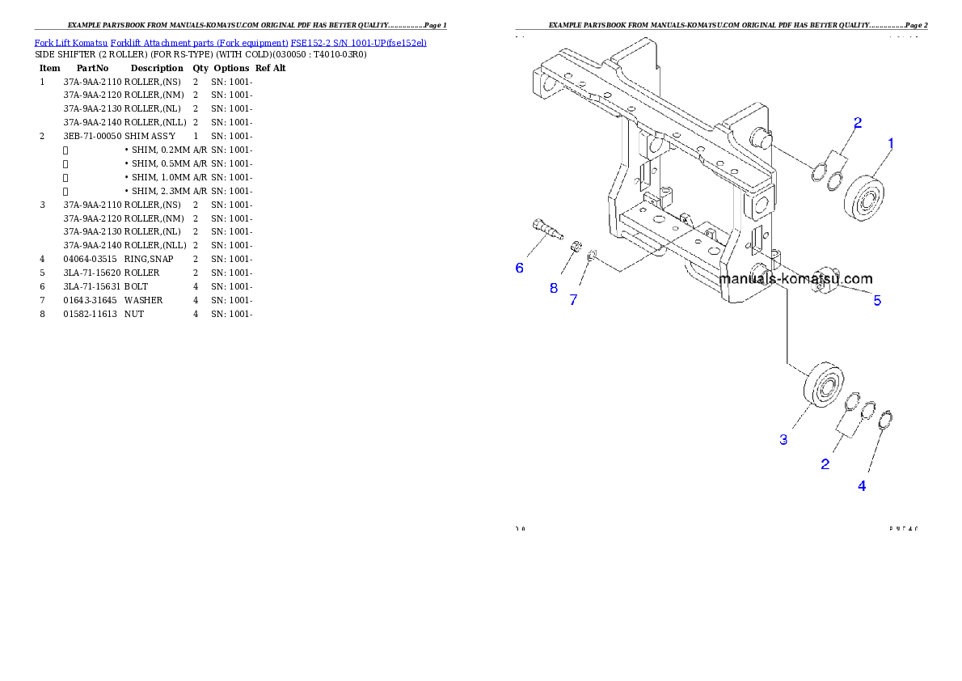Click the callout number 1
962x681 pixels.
(x=891, y=144)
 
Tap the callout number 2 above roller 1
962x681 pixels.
(x=858, y=123)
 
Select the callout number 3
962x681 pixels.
(x=783, y=440)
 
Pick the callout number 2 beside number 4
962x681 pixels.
(x=825, y=464)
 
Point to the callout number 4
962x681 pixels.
(x=862, y=486)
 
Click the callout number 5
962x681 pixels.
(x=877, y=301)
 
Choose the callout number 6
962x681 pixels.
(x=520, y=268)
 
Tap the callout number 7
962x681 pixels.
(x=573, y=300)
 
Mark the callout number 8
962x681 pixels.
(x=554, y=288)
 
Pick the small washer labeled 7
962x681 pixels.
(x=592, y=256)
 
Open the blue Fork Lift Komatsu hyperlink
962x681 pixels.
(x=230, y=42)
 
